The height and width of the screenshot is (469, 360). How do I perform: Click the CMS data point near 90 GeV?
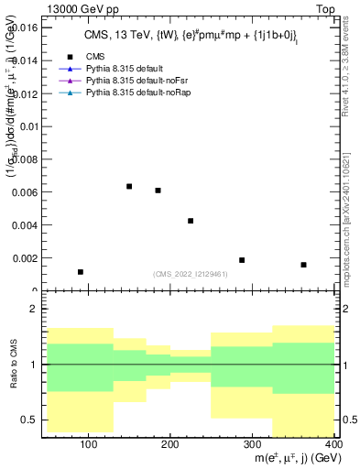[81, 272]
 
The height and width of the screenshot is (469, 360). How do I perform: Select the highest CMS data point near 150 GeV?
[129, 187]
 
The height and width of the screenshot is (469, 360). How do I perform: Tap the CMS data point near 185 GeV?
[158, 191]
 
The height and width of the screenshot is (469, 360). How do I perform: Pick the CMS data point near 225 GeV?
[191, 221]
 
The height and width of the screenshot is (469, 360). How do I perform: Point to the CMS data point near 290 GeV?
[242, 260]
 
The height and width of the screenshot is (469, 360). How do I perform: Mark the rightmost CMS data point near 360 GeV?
[303, 265]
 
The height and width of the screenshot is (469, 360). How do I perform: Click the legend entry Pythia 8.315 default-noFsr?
[118, 81]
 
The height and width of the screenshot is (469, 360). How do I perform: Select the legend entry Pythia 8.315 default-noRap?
[119, 93]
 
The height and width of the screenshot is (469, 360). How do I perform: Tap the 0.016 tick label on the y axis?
[24, 28]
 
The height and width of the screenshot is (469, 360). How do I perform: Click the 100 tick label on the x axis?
[89, 444]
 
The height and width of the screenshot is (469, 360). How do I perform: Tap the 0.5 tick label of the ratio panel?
[31, 420]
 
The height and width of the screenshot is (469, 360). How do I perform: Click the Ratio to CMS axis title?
[13, 365]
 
